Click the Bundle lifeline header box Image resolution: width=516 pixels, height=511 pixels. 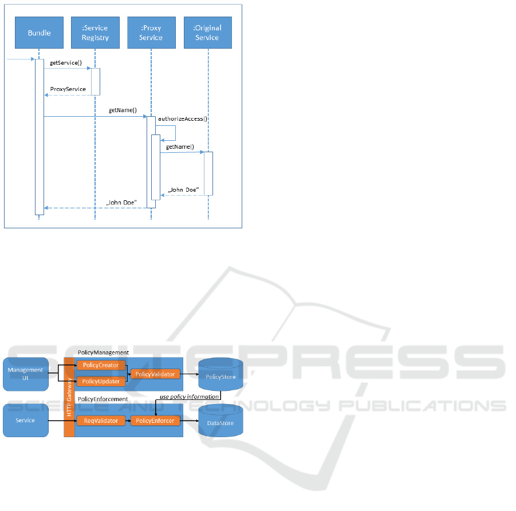40,33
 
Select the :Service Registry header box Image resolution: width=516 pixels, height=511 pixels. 94,33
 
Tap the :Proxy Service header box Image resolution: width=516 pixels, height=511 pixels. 151,33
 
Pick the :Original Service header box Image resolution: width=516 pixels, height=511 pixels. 207,33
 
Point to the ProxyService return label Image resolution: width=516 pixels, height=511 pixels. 68,89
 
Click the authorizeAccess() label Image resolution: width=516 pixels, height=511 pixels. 183,120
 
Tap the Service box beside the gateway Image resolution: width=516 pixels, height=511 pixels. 25,421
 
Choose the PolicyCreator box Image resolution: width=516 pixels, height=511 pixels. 101,365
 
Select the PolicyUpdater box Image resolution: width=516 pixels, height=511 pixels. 101,381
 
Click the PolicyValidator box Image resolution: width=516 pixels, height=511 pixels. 156,374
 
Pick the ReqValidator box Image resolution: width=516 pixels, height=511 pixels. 101,421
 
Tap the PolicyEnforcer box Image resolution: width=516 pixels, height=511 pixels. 156,421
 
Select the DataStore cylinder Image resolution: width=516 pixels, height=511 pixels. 220,422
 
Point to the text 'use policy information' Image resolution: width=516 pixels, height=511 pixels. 190,397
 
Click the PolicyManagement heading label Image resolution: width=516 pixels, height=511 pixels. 103,353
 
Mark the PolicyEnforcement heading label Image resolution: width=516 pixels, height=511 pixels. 103,399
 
